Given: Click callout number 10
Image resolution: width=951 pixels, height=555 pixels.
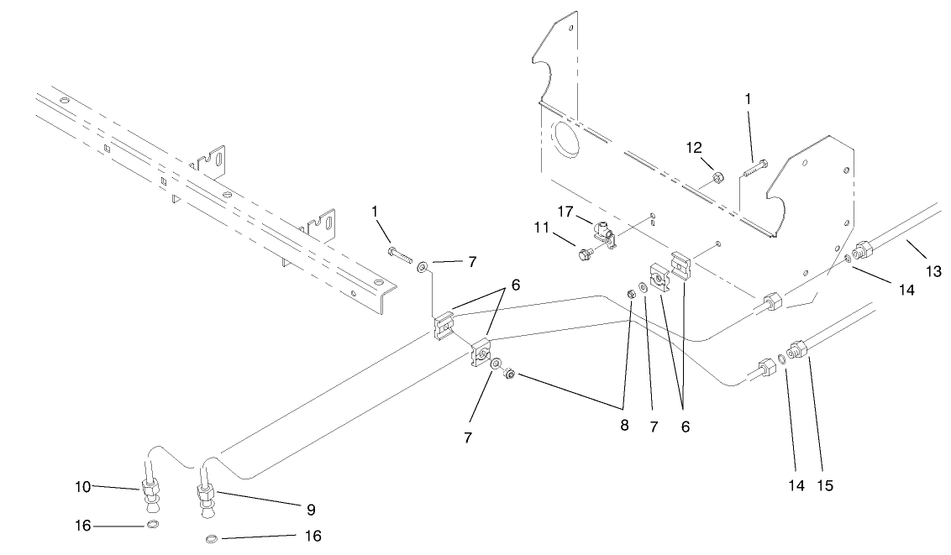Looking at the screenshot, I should tap(81, 486).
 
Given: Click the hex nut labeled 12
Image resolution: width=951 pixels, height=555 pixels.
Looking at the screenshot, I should tap(718, 178).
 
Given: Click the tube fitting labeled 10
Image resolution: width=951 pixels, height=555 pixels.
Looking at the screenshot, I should tap(152, 489).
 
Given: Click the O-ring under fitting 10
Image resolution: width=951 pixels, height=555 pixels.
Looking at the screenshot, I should tap(152, 526).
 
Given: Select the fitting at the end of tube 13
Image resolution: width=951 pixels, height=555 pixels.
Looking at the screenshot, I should tap(861, 251).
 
